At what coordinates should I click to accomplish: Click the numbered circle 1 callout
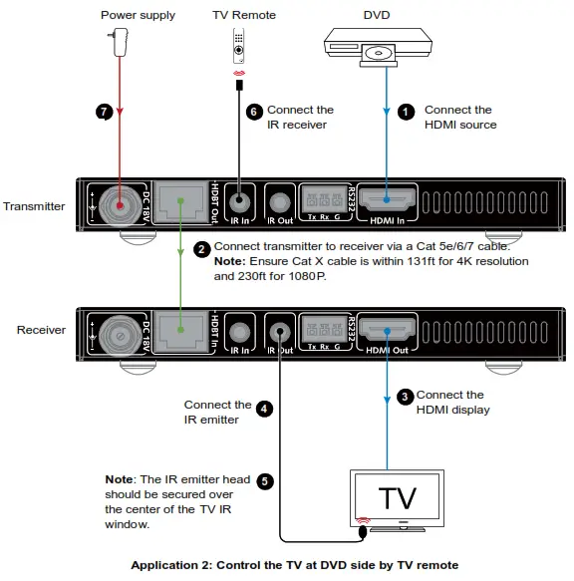tap(406, 112)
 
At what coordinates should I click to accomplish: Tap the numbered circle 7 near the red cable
tap(103, 112)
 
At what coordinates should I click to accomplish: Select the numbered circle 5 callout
tap(265, 481)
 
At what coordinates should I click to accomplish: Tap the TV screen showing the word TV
tap(395, 496)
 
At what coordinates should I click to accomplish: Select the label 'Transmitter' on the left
tap(34, 206)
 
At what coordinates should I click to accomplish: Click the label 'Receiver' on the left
tap(41, 330)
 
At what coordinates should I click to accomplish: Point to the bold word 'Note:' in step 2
tap(232, 261)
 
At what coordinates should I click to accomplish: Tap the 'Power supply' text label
tap(139, 15)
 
